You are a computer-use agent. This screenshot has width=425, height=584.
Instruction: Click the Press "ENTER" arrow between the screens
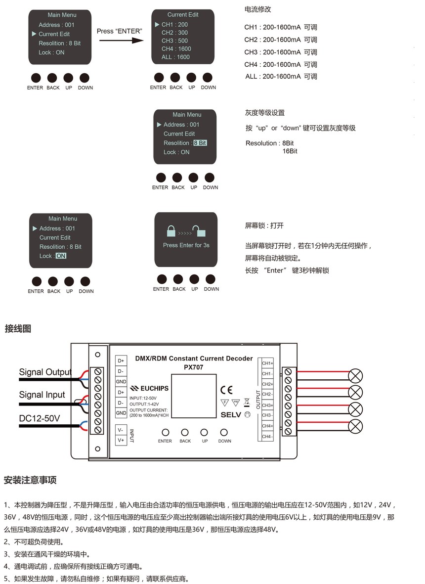(121, 40)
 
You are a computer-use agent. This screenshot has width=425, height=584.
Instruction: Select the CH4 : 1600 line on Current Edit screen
(176, 49)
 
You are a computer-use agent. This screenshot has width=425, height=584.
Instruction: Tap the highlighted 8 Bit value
(200, 143)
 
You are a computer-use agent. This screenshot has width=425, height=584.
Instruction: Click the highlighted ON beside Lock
(61, 256)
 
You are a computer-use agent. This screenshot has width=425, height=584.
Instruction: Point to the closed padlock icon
(171, 231)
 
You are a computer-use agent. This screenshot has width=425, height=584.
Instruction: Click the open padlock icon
(199, 231)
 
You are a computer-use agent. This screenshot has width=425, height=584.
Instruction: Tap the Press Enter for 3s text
(186, 245)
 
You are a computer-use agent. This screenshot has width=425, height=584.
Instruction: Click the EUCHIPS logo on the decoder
(149, 389)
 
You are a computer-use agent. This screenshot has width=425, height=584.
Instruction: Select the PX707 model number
(194, 367)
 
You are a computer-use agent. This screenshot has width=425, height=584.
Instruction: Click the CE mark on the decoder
(226, 390)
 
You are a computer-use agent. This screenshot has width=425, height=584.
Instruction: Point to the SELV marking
(231, 415)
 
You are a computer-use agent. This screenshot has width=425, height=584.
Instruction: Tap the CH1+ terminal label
(267, 363)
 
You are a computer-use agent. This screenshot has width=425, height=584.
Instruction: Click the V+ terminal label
(121, 440)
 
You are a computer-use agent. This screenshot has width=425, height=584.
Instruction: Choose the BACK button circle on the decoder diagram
(185, 432)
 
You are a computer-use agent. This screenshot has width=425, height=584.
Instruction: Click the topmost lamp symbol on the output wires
(355, 376)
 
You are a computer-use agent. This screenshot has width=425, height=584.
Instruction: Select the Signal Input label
(42, 395)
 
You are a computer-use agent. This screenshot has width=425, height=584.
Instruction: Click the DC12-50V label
(40, 418)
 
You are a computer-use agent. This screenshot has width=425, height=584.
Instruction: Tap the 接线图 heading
(18, 328)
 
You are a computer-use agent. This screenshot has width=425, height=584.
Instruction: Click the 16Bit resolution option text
(290, 151)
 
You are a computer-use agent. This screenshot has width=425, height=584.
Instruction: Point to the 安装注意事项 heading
(30, 480)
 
